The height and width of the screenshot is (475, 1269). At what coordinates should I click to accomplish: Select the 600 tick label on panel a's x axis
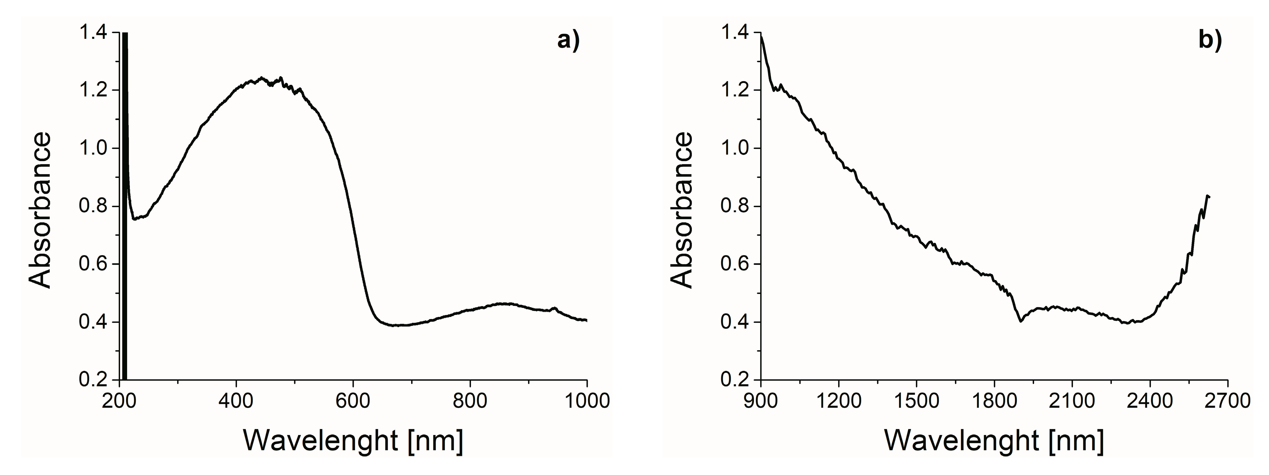pos(353,401)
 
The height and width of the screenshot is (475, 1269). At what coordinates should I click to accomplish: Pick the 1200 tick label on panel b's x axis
pos(838,401)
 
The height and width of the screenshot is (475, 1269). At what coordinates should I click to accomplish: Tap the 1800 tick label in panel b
pos(994,401)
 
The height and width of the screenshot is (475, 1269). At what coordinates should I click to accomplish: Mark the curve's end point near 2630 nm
pos(1209,197)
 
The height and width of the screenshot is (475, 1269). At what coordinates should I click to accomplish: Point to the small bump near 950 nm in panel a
pos(556,309)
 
